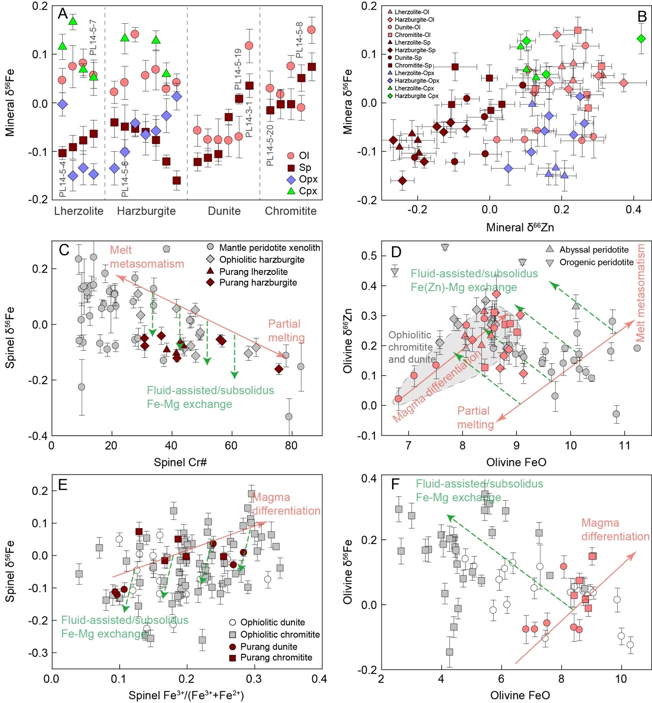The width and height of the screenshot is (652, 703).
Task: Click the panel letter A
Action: (x=63, y=14)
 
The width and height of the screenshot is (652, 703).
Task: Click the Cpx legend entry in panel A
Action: (x=302, y=191)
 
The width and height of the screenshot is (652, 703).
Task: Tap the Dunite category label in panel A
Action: (x=224, y=211)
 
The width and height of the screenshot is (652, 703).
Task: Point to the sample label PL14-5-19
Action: (x=238, y=69)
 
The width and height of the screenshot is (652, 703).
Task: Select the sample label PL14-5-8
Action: (x=299, y=40)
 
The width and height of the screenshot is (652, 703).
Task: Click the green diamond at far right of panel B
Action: (x=641, y=39)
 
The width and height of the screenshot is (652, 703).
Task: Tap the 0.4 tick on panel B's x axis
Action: (x=633, y=210)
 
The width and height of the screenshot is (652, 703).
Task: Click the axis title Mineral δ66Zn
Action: (x=520, y=227)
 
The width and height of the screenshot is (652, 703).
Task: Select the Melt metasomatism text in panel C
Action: (x=146, y=257)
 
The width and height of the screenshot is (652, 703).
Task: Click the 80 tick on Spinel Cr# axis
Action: (x=291, y=445)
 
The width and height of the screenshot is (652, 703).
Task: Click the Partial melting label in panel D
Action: (x=475, y=418)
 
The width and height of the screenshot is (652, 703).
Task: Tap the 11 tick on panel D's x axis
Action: (x=624, y=446)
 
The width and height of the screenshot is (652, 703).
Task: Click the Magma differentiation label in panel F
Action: (x=615, y=530)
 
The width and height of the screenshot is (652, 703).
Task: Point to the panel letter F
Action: (x=395, y=484)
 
